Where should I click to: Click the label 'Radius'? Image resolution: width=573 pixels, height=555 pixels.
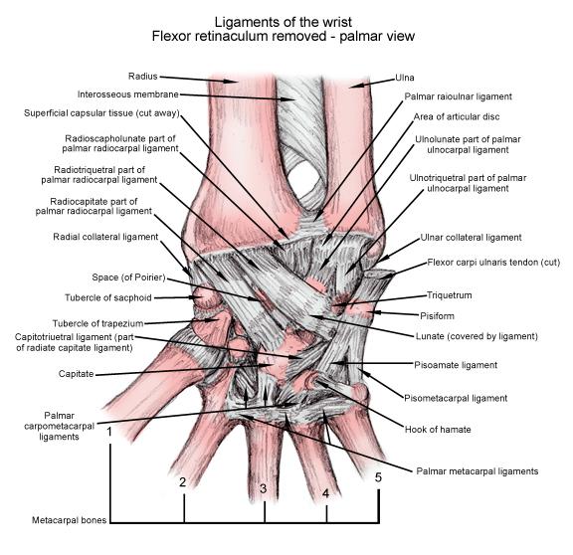click(x=142, y=77)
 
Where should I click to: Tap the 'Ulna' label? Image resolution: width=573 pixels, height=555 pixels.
click(x=405, y=78)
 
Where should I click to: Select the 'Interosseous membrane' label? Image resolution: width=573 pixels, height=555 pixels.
click(x=128, y=94)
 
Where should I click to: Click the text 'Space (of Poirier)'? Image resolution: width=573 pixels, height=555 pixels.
click(x=128, y=277)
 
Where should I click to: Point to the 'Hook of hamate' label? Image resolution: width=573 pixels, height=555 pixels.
click(x=438, y=430)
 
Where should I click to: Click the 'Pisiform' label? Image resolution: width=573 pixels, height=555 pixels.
click(x=437, y=315)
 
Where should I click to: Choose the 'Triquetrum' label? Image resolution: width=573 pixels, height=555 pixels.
click(x=449, y=295)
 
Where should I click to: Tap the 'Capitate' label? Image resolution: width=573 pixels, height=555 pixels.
click(x=76, y=374)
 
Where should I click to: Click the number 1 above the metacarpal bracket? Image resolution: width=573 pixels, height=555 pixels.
click(x=108, y=433)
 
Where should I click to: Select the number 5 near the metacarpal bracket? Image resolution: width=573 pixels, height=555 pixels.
click(x=378, y=477)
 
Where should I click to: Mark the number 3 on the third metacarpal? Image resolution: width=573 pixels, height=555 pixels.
click(x=263, y=488)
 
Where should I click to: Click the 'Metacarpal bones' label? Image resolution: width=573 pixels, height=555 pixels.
click(x=69, y=520)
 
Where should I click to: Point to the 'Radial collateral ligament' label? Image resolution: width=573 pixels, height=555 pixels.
click(x=105, y=237)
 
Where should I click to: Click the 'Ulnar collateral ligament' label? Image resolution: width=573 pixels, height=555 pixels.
click(x=471, y=238)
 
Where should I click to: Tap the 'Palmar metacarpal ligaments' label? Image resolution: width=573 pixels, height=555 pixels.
click(x=477, y=471)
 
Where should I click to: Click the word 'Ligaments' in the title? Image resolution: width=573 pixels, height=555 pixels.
click(x=241, y=23)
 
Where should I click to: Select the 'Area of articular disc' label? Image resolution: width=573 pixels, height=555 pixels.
click(x=457, y=117)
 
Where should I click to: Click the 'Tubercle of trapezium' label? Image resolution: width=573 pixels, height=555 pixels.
click(x=97, y=323)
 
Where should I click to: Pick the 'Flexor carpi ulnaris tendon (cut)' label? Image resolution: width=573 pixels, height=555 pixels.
click(x=493, y=263)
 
